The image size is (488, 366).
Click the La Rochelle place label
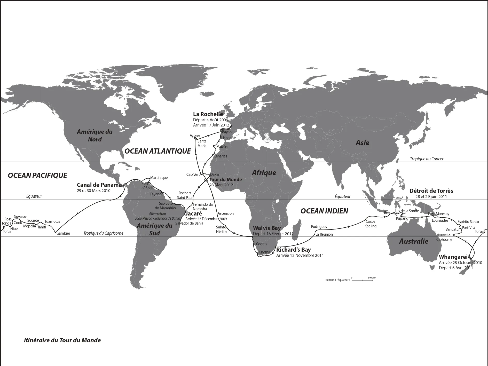pyautogui.click(x=208, y=114)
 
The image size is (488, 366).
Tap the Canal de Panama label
pyautogui.click(x=99, y=185)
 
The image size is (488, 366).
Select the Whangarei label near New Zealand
pyautogui.click(x=453, y=257)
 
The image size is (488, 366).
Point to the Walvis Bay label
pyautogui.click(x=267, y=228)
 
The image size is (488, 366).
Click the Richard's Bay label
pyautogui.click(x=293, y=250)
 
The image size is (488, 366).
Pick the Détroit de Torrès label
pyautogui.click(x=431, y=191)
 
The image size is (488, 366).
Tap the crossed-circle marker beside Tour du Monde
pyautogui.click(x=206, y=180)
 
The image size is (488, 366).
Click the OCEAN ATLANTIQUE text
pyautogui.click(x=158, y=151)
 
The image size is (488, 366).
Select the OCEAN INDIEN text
pyautogui.click(x=324, y=211)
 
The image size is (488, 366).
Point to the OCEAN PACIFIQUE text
pyautogui.click(x=37, y=176)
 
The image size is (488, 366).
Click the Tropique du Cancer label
pyautogui.click(x=427, y=159)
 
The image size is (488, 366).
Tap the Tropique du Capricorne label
pyautogui.click(x=103, y=233)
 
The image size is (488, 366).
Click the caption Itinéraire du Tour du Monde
pyautogui.click(x=62, y=340)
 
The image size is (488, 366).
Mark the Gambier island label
pyautogui.click(x=63, y=233)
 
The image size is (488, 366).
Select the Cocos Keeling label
pyautogui.click(x=370, y=224)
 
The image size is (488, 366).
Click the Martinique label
pyautogui.click(x=159, y=178)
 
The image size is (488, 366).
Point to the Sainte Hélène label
pyautogui.click(x=222, y=229)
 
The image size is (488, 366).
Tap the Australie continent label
pyautogui.click(x=414, y=241)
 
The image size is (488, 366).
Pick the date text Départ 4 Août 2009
pyautogui.click(x=210, y=120)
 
